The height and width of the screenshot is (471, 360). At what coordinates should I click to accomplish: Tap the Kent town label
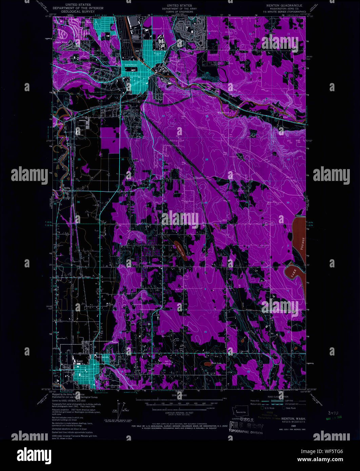pos(80,361)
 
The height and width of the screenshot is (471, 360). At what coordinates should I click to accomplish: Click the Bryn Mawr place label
pos(83,22)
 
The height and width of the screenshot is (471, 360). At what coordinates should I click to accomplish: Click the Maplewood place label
pos(223,112)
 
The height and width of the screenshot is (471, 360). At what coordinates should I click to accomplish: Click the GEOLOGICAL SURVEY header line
pos(78,11)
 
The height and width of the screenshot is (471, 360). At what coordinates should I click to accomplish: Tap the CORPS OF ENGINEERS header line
pos(179,11)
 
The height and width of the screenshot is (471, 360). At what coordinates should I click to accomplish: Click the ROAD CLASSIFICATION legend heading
pos(278,396)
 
